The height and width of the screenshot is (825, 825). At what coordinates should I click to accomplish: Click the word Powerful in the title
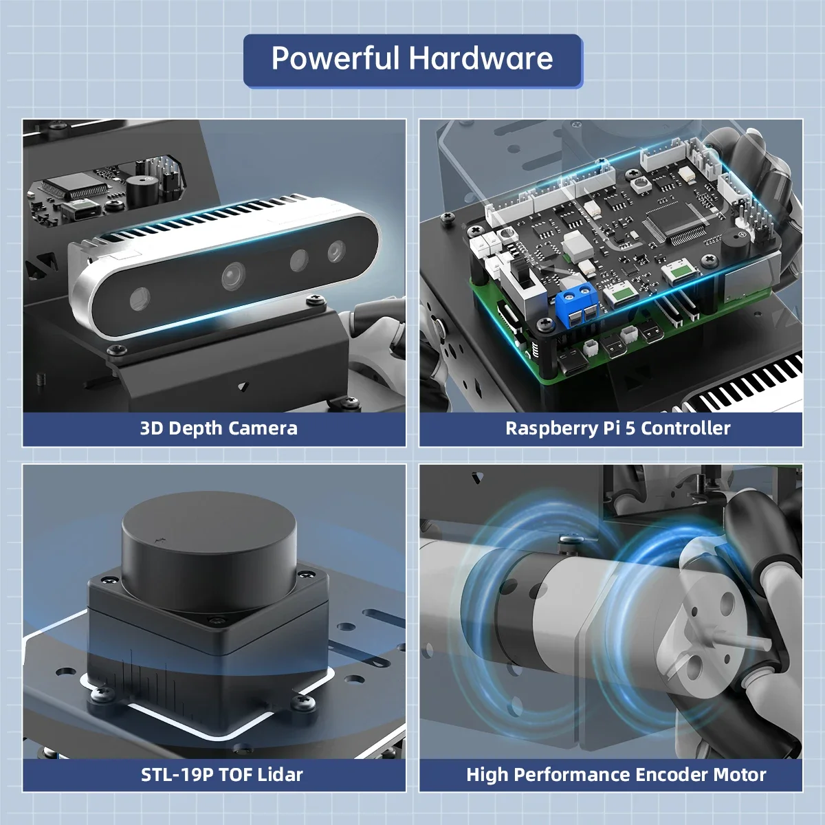[x=335, y=59]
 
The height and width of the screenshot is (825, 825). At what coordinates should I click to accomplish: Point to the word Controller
[x=685, y=428]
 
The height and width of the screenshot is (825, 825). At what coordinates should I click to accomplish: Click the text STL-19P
[x=177, y=775]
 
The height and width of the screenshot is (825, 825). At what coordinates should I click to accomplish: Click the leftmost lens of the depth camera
[x=140, y=297]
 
